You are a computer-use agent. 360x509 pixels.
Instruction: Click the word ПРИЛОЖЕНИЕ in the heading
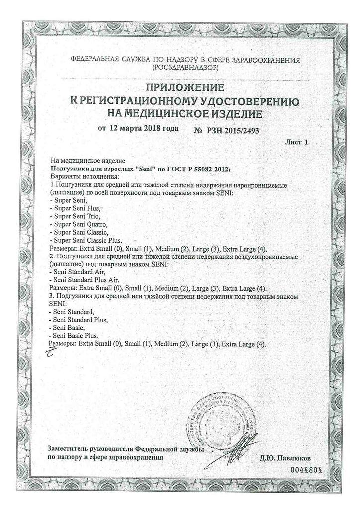[184, 88]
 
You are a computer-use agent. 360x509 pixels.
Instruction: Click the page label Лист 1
[297, 142]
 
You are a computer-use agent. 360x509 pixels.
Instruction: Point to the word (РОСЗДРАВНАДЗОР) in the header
[185, 67]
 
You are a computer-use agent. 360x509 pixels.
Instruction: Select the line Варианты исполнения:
[85, 176]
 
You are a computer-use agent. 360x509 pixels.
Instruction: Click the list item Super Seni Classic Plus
[87, 239]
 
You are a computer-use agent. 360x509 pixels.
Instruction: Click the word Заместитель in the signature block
[69, 449]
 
